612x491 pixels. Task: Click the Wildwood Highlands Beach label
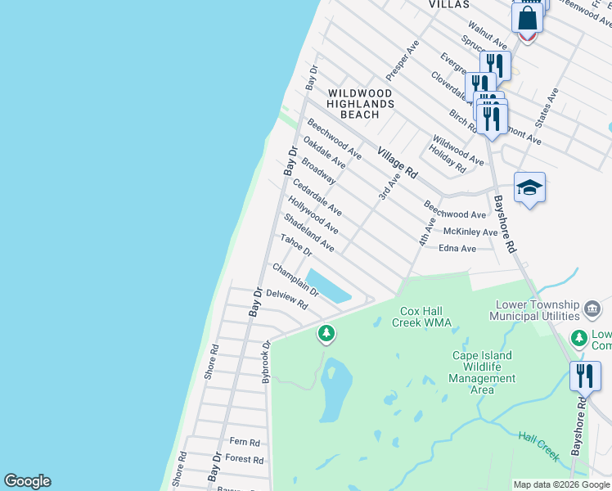(x=360, y=104)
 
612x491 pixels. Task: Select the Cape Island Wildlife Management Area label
(x=483, y=372)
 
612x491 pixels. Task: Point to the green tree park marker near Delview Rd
(x=326, y=333)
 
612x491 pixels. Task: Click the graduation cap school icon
(x=529, y=188)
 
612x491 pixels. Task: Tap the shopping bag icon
(x=528, y=18)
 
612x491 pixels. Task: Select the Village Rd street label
(x=398, y=163)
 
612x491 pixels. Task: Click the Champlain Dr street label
(x=295, y=279)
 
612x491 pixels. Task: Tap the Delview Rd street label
(x=286, y=299)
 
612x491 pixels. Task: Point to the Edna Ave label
(x=457, y=249)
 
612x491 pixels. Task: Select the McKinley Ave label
(x=470, y=232)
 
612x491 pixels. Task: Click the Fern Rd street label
(x=244, y=443)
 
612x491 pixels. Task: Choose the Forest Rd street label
(x=244, y=460)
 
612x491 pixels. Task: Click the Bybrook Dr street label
(x=265, y=363)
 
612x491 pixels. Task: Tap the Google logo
(x=27, y=481)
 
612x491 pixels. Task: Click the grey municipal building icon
(x=593, y=309)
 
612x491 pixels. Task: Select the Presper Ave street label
(x=402, y=61)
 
